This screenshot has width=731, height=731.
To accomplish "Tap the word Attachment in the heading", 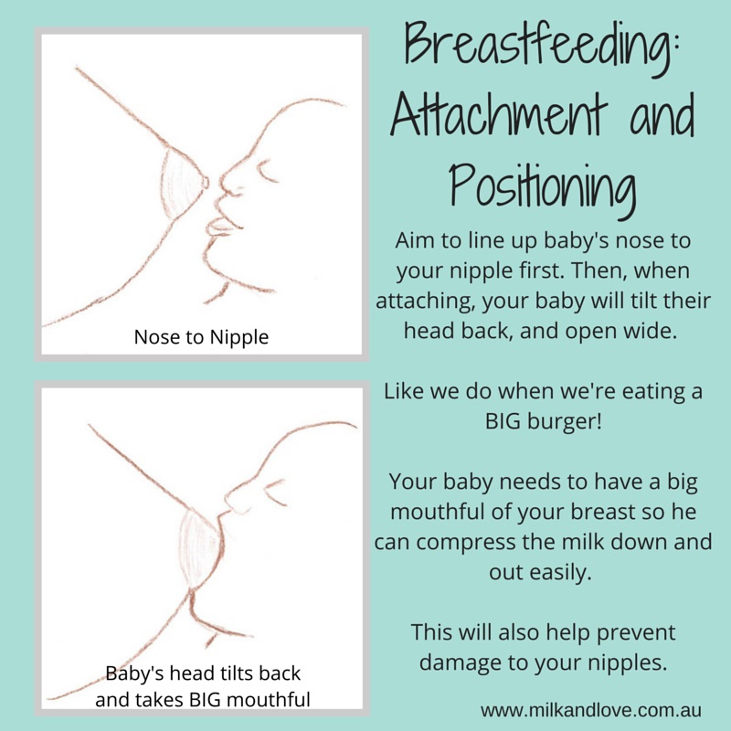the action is point(499,114).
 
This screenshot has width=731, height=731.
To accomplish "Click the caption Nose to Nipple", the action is point(201,337).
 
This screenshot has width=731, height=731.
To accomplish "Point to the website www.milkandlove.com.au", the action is point(590,710).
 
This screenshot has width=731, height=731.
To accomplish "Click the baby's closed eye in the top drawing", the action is point(269,173).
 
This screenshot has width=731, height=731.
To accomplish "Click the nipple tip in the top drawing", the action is point(206,182).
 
